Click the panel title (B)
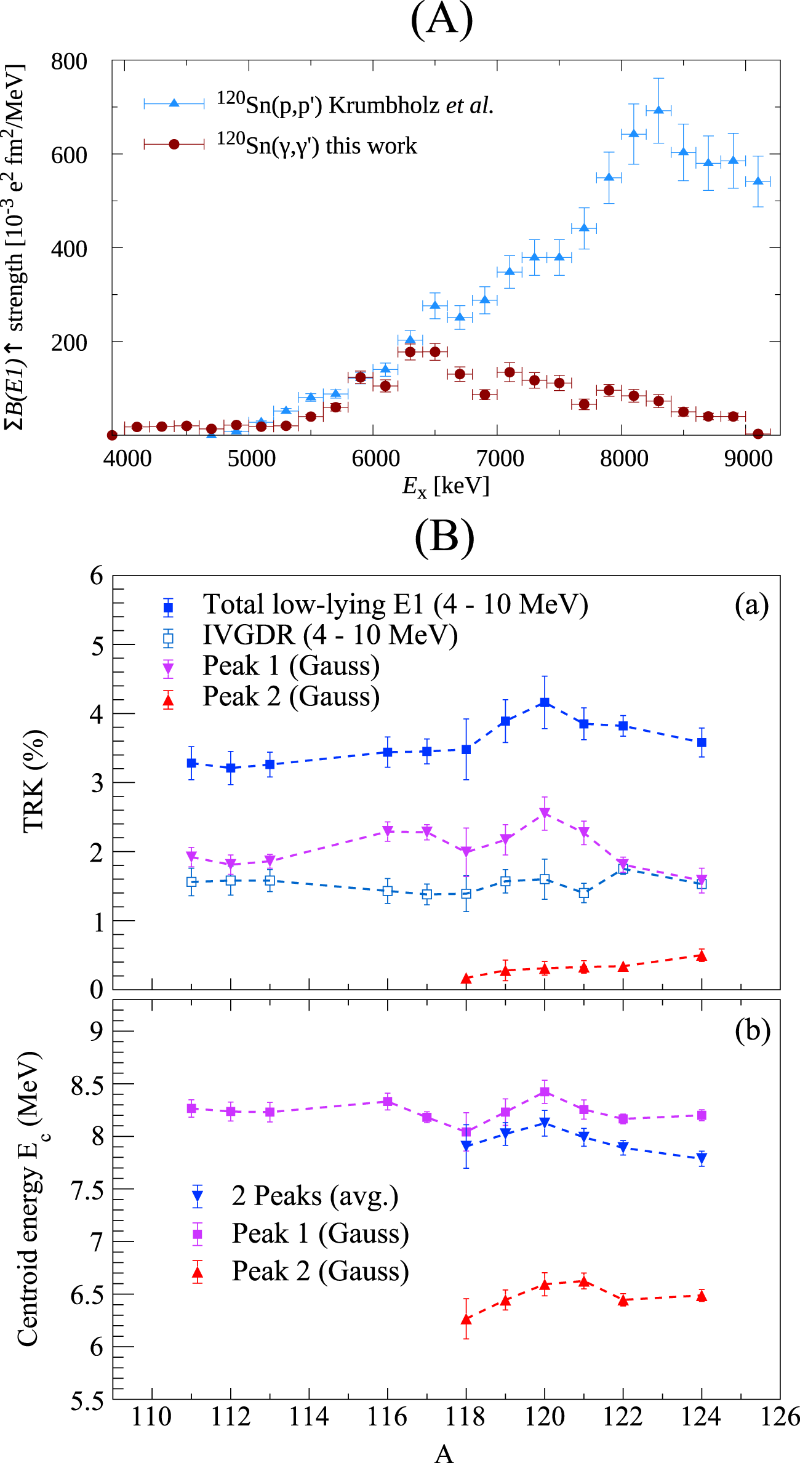tap(444, 537)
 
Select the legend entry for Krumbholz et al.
tap(354, 105)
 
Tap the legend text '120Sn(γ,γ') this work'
tap(316, 145)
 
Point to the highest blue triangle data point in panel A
tap(658, 110)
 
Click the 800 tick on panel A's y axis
tap(69, 62)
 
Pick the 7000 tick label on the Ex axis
tap(500, 459)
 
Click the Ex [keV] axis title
tap(446, 486)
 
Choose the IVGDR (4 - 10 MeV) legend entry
tap(330, 635)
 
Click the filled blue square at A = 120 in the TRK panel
tap(545, 702)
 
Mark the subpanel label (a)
tap(751, 605)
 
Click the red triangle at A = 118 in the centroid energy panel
tap(466, 1319)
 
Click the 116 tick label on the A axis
tap(387, 1417)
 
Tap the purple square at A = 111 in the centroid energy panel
tap(191, 1108)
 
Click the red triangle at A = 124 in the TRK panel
tap(702, 956)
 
